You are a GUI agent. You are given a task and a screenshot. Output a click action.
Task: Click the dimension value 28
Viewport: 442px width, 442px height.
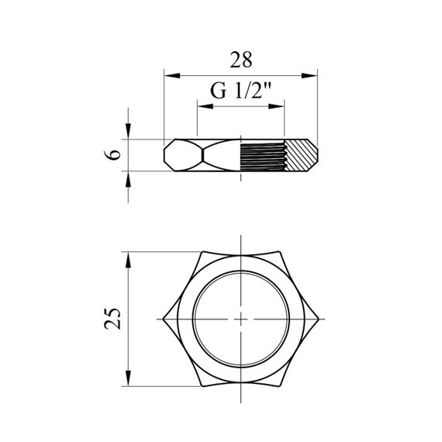coord(241,60)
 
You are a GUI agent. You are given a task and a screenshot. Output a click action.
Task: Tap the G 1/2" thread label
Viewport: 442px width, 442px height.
coord(241,91)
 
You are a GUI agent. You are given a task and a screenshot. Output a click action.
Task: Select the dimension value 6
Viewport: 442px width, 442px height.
coord(112,155)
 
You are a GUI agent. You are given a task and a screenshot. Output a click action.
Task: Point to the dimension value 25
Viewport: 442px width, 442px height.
coord(112,318)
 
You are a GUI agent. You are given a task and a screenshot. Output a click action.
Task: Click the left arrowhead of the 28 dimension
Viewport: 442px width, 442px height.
coord(172,75)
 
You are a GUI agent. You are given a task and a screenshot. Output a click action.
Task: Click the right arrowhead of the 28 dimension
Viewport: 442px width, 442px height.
coord(309,75)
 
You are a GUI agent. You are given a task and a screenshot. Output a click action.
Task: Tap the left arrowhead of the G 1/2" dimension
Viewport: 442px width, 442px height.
coord(205,106)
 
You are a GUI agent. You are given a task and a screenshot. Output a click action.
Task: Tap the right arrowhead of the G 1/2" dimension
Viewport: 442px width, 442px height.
coord(276,106)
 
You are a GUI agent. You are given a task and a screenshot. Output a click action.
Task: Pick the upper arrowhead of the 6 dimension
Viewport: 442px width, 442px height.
coord(128,131)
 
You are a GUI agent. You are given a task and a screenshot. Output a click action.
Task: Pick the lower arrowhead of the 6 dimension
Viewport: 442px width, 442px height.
coord(128,179)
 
